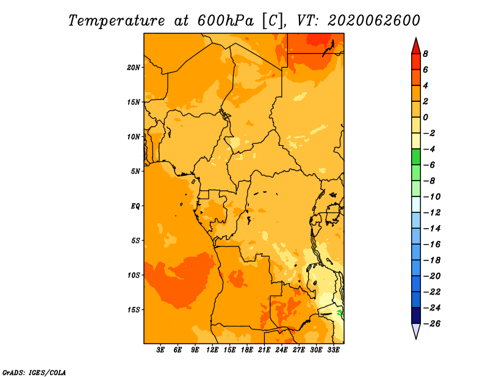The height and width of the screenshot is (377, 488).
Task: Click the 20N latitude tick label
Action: coord(134,67)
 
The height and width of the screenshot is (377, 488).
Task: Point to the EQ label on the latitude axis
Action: coord(135,206)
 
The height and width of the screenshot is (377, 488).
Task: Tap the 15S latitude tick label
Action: coord(134,310)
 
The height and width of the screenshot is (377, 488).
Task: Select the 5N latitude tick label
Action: coord(135,171)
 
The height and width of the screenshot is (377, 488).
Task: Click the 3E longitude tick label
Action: coord(160,350)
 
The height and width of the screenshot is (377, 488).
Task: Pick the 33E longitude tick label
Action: coord(333,350)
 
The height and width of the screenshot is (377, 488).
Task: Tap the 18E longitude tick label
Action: coord(247,350)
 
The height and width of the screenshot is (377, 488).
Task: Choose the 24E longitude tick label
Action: coord(281,350)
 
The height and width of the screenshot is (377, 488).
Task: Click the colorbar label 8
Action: coord(425,54)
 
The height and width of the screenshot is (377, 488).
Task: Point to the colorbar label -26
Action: coord(432,324)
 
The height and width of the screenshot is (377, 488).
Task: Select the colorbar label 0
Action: coord(425,117)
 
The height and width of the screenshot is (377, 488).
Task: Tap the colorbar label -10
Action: coord(432,197)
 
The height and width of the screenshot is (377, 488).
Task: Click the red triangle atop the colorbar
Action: coord(416,47)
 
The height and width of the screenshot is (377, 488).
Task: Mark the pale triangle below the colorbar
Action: coord(416,330)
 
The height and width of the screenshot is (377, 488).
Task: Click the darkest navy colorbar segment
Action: coord(416,315)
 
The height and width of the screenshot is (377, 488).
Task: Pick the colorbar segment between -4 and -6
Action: coord(416,157)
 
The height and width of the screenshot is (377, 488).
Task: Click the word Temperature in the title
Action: coord(117,21)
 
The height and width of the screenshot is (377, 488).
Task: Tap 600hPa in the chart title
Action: coord(226,21)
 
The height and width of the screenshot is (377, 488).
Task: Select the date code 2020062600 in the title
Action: coord(374,21)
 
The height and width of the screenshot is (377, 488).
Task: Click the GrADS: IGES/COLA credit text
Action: coord(34,373)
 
